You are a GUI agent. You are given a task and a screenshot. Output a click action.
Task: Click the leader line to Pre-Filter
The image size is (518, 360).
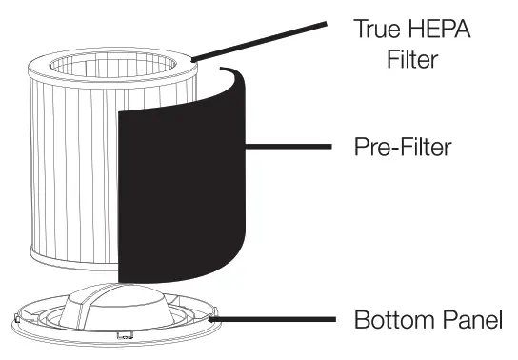tap(286, 148)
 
